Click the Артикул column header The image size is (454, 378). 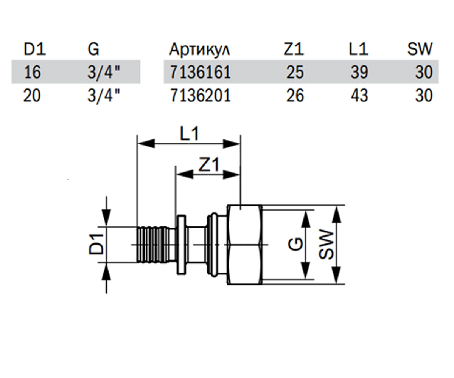(x=199, y=50)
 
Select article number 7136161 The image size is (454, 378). (x=200, y=72)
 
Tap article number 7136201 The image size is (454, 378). (x=200, y=95)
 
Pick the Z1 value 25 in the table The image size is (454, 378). (x=295, y=72)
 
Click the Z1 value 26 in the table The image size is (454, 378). (x=295, y=95)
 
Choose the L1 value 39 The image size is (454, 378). (x=359, y=72)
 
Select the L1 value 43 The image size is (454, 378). (x=359, y=95)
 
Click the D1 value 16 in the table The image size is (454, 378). (x=33, y=72)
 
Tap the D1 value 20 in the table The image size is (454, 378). (x=32, y=95)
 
